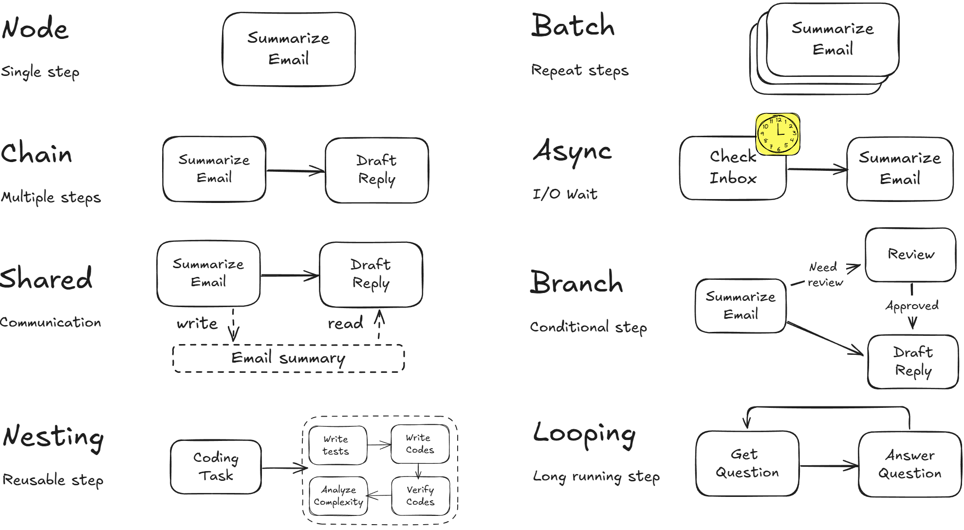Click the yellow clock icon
(778, 134)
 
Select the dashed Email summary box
(288, 358)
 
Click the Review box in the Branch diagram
(910, 255)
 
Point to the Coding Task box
(216, 466)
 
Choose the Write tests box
(336, 445)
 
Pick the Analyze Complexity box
(338, 496)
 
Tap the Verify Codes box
(420, 496)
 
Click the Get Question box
(747, 463)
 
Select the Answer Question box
(909, 464)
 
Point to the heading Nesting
(53, 437)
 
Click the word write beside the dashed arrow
(197, 324)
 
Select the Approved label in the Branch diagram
(912, 306)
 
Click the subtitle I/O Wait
(565, 194)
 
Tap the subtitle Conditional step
(588, 327)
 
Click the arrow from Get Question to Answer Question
(829, 466)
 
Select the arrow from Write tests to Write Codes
(379, 444)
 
